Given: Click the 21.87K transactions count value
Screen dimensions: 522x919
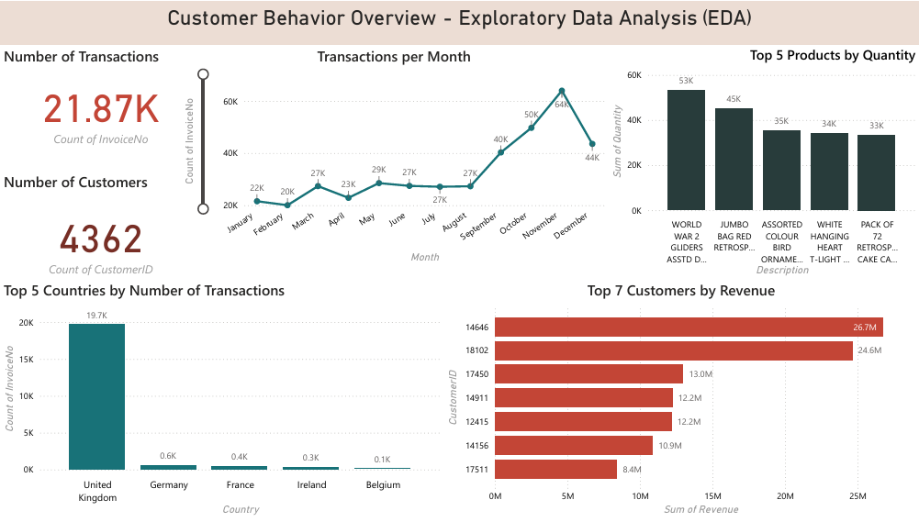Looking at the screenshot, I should tap(101, 109).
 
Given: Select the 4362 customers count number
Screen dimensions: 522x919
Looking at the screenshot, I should tap(101, 239).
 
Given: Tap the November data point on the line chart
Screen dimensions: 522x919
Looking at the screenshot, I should tap(562, 91).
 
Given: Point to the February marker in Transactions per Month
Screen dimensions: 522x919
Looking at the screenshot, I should tap(287, 205).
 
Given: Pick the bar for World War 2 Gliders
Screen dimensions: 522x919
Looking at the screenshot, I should tap(686, 150).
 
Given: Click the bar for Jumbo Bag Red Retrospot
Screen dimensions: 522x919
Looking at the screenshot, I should tap(734, 159).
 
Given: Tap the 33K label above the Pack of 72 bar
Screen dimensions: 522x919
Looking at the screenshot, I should tap(877, 126).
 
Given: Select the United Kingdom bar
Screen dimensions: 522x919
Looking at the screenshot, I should tap(96, 396).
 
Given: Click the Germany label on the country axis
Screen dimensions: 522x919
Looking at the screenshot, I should tap(168, 485).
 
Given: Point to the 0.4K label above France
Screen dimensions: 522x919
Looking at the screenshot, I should tap(239, 457).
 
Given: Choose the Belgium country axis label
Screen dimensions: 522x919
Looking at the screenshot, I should tap(383, 485).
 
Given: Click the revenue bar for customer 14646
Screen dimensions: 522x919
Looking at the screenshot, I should tap(689, 327).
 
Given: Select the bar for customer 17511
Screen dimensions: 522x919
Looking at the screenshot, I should tap(555, 470).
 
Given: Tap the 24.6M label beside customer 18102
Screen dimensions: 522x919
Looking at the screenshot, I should tap(870, 350).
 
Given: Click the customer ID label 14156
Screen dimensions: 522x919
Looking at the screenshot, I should tap(476, 446).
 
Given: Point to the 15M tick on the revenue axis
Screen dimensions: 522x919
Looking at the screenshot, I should tap(712, 496).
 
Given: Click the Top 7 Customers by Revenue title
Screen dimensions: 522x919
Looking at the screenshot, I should tap(680, 291).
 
